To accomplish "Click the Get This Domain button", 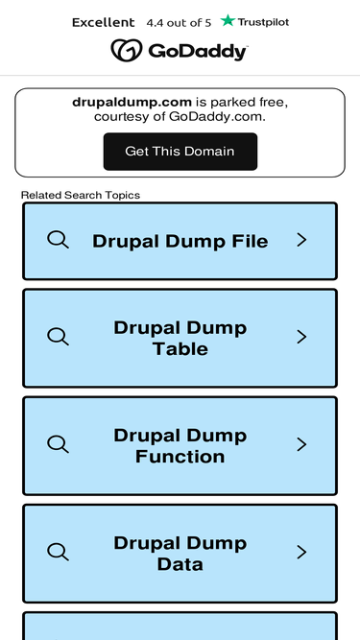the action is click(x=180, y=152).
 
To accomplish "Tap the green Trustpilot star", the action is click(x=228, y=20).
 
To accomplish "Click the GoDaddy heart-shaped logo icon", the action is click(x=127, y=51).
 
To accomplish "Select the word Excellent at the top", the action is click(x=104, y=22).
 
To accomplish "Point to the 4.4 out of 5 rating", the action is click(x=179, y=23).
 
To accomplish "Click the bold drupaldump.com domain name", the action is click(x=132, y=102).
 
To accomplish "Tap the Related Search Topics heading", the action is click(x=81, y=195).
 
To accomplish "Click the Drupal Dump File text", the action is click(x=180, y=241).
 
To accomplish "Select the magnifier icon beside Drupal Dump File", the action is click(x=58, y=240).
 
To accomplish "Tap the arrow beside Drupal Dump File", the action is click(x=301, y=240).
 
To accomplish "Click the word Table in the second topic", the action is click(x=180, y=349).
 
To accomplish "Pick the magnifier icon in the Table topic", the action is click(x=58, y=337).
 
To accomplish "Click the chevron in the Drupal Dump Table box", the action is click(x=301, y=337).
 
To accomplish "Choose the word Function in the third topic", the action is click(x=180, y=457).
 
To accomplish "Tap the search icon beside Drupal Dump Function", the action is click(x=58, y=444).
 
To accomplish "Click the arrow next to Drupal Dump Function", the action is click(x=301, y=444).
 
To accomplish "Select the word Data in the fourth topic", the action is click(x=180, y=564).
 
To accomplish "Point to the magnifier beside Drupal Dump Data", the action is click(x=58, y=552).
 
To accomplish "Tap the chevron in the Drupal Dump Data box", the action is click(x=301, y=553).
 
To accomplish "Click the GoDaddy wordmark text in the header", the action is click(x=198, y=52).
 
